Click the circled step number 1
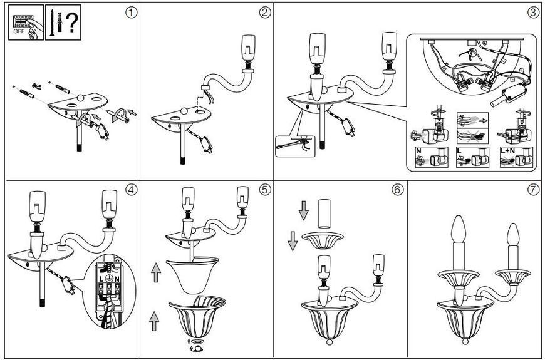coord(132,13)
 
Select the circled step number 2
coord(265,13)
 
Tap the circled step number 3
coord(533,13)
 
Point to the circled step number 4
coord(132,190)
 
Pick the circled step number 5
coord(265,190)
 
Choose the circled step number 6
coord(398,190)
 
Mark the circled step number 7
coord(533,190)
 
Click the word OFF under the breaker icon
coord(19,31)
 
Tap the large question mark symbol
coord(71,23)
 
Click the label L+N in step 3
coord(507,151)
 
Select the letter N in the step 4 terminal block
coord(117,279)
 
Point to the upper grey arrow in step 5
coord(156,272)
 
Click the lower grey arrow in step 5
coord(153,321)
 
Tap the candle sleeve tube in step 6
coord(324,214)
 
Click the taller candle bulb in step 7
coord(458,229)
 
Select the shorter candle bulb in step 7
coord(513,235)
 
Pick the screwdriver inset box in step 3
coord(295,147)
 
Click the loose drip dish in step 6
coord(323,240)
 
